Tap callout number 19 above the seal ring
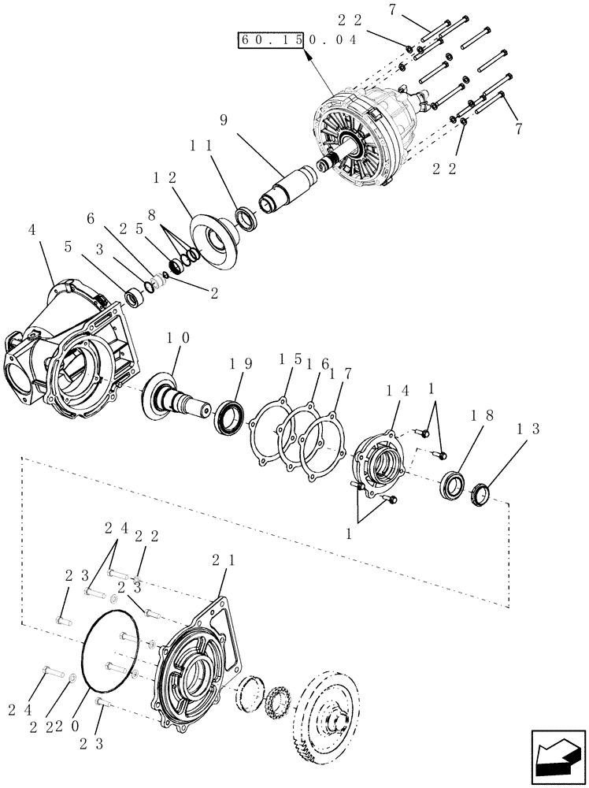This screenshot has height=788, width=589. click(x=241, y=363)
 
